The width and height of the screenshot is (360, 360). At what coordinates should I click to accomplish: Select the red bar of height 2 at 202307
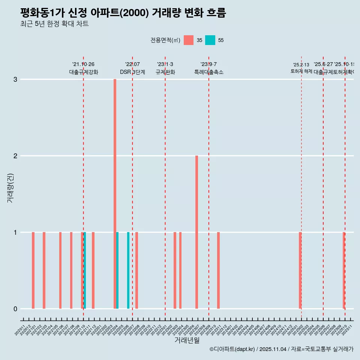tap(196, 232)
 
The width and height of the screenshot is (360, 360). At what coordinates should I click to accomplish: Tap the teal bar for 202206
tap(128, 270)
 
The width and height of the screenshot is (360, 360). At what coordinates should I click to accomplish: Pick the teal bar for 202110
tap(85, 270)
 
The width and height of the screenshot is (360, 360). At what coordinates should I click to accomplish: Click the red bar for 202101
tap(33, 270)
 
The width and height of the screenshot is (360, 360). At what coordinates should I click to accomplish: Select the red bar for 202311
tap(218, 270)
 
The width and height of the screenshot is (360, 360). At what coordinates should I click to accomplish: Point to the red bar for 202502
tap(300, 270)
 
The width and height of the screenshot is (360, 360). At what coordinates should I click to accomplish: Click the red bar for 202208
tap(136, 270)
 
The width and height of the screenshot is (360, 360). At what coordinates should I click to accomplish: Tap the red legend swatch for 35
tap(189, 40)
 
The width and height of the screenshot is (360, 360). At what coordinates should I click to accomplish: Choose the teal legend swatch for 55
tap(210, 40)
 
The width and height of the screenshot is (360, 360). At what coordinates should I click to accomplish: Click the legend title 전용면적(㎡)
tap(165, 40)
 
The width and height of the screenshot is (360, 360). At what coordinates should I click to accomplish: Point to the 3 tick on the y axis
tap(15, 79)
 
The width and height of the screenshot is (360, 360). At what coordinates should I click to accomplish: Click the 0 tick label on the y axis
tap(15, 309)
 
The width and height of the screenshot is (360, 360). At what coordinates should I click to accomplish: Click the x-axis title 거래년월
tap(187, 340)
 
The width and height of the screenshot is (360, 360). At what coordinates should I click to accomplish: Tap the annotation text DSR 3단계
tap(132, 72)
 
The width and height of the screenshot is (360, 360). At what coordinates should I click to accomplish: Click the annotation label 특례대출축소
tap(208, 72)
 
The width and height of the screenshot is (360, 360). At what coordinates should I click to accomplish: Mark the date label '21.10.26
tap(83, 64)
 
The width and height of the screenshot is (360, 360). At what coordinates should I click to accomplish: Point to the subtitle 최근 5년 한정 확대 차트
tap(54, 24)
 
